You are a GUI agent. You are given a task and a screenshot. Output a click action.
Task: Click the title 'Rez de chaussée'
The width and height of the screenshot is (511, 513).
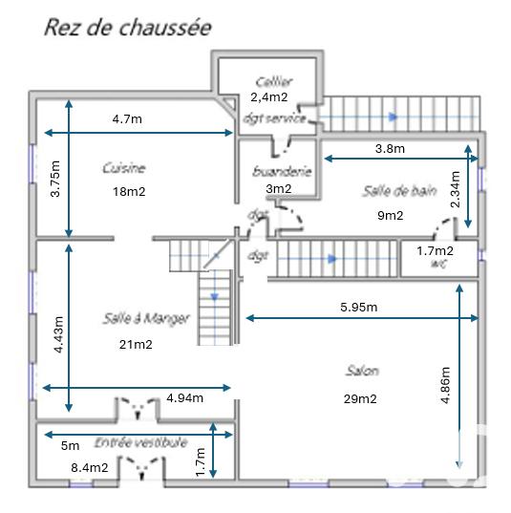[x=127, y=27]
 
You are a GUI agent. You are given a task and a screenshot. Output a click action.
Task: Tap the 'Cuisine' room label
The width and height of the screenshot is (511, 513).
[x=124, y=168]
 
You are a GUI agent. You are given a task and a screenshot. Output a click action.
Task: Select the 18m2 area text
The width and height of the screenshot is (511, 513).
[x=128, y=191]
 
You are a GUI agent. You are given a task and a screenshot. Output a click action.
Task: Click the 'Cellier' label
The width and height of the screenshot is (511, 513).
[x=273, y=82]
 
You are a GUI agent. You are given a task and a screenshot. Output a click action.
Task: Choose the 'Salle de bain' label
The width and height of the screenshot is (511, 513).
[x=399, y=190]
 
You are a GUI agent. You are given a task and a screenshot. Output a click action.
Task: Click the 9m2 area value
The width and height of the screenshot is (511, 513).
[x=390, y=215]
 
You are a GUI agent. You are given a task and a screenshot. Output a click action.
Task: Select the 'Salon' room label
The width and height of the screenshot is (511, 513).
[x=362, y=371]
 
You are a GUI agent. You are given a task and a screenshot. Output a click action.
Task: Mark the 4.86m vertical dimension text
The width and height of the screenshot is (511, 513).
[x=446, y=386]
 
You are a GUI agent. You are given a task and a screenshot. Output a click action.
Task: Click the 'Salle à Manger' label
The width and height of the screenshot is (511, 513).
[x=146, y=318]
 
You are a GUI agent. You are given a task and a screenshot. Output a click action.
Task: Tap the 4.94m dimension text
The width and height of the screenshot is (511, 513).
[x=184, y=397]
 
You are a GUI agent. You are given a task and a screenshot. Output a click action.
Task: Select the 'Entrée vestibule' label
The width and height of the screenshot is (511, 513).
[x=140, y=443]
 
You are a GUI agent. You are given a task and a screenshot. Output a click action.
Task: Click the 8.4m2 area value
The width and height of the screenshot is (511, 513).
[x=91, y=467]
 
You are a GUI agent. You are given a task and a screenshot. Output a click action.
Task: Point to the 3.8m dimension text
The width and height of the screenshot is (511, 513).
[x=389, y=148]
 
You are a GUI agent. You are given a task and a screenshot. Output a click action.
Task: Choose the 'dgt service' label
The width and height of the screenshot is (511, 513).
[x=274, y=118]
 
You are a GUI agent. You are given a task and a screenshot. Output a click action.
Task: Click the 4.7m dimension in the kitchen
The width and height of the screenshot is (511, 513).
[x=127, y=119]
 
